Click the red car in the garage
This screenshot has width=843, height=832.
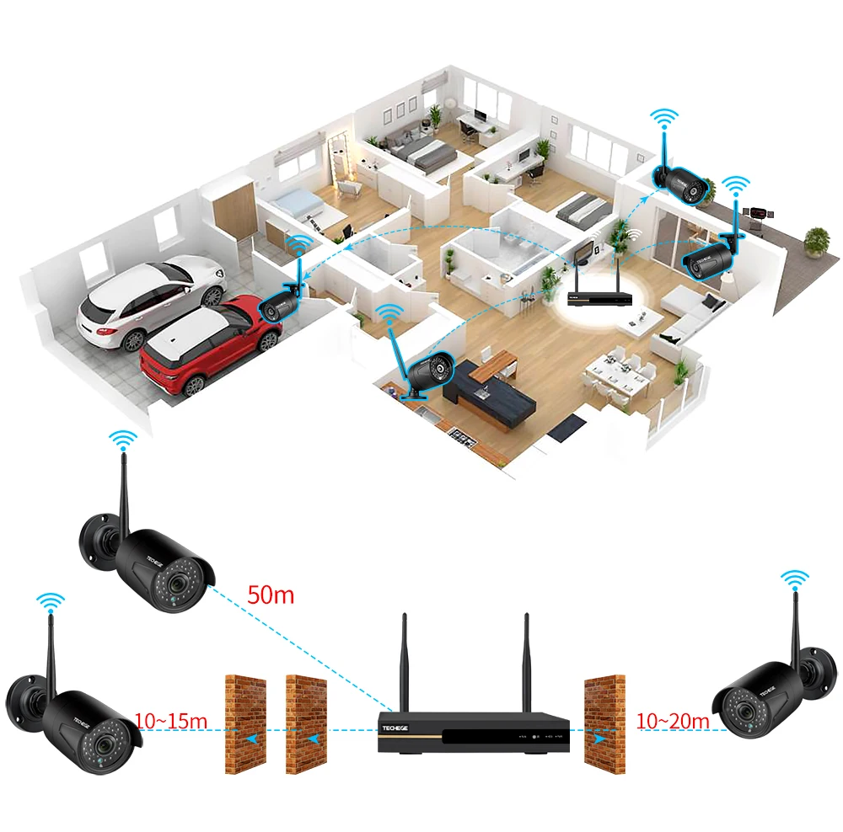[207, 341]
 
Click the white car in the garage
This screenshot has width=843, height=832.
[152, 299]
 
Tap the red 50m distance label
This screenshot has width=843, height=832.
[271, 595]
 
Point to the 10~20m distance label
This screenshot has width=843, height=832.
[673, 720]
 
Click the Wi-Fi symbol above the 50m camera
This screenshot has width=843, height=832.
[124, 440]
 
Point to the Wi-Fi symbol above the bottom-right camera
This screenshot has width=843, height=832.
[794, 579]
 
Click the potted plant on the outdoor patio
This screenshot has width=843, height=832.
[815, 242]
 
